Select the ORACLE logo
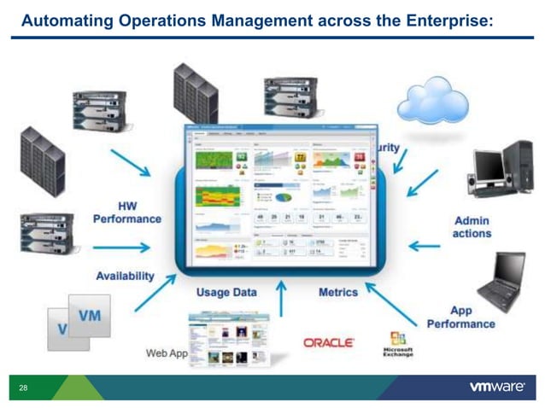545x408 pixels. click(329, 342)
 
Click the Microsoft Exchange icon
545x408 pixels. click(397, 343)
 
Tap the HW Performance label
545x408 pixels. click(127, 213)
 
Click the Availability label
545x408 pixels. click(125, 276)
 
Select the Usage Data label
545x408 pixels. click(226, 292)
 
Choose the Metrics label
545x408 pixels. click(338, 292)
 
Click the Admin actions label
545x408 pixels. click(472, 227)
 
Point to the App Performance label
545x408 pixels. click(460, 318)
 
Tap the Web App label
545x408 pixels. click(167, 353)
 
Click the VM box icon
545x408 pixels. click(88, 317)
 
